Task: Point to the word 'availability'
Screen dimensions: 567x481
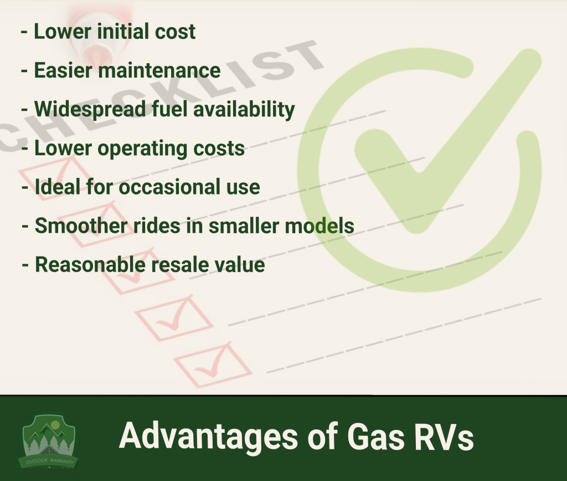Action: point(244,110)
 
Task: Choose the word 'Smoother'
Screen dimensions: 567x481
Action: point(81,226)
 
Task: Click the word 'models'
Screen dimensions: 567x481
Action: point(319,226)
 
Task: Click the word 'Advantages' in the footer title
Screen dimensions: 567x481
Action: point(209,437)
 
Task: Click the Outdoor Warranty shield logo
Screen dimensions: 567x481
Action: point(49,442)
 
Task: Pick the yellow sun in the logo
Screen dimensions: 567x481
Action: point(55,425)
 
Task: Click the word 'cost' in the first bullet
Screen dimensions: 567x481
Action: point(175,31)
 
